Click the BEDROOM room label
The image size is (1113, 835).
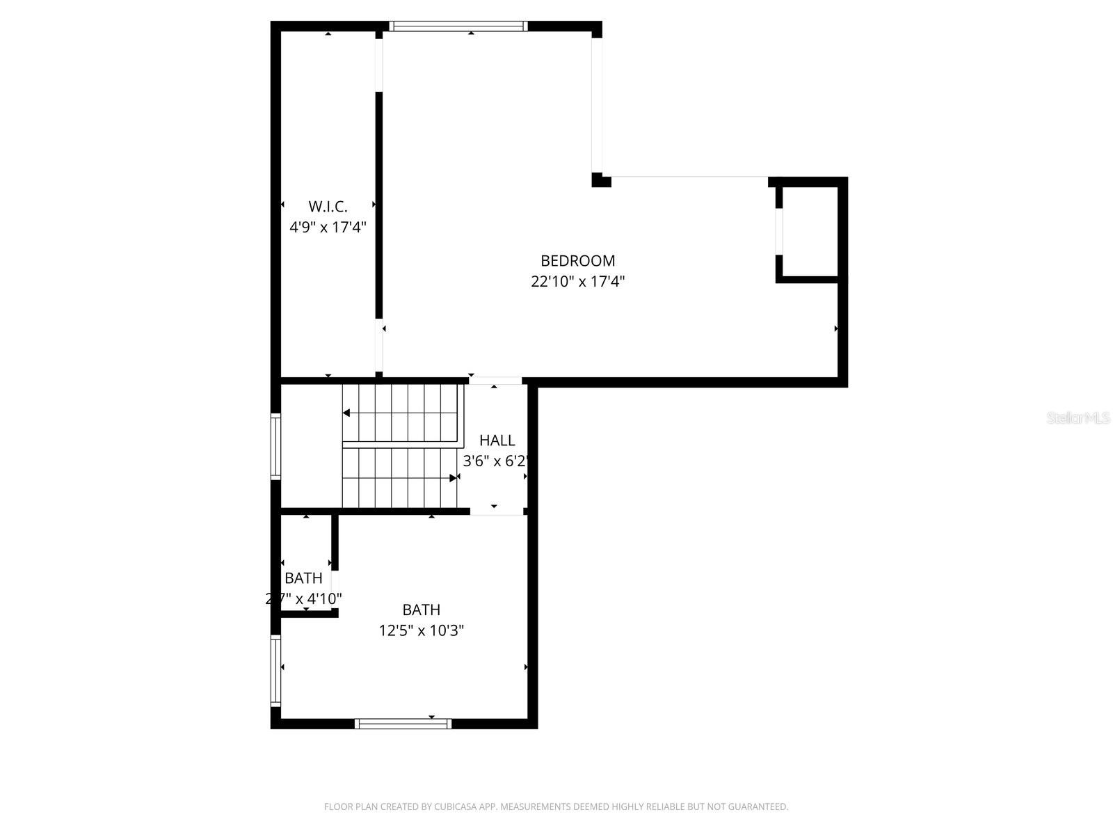(577, 261)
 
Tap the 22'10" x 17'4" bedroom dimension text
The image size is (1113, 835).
(577, 282)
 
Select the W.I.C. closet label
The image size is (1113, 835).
(328, 207)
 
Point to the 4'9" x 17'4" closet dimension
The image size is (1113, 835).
(328, 227)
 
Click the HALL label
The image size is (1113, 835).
(497, 440)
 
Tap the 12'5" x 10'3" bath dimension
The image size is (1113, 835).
(421, 630)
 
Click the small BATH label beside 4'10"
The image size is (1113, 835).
(303, 578)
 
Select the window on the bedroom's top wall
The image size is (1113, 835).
(458, 26)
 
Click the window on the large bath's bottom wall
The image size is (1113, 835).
(403, 724)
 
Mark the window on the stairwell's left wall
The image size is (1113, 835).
(275, 446)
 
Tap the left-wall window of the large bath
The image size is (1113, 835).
(275, 671)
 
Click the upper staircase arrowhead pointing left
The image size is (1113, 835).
(346, 413)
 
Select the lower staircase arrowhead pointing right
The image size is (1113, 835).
(454, 478)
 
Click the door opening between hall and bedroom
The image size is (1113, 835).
(495, 381)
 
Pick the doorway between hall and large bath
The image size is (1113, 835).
(496, 511)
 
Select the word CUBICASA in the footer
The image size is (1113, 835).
(454, 807)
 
